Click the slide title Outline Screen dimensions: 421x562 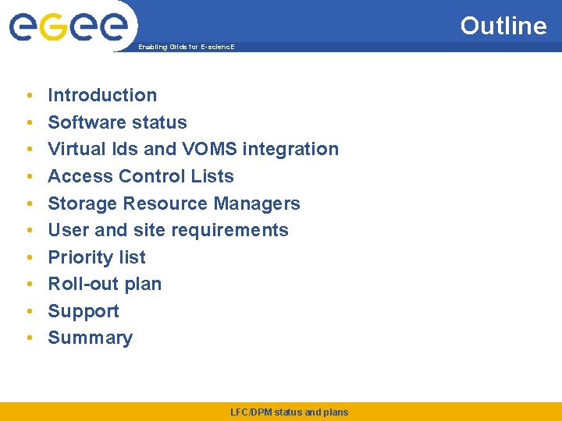pyautogui.click(x=503, y=26)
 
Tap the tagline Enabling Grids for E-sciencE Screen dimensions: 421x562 pyautogui.click(x=186, y=48)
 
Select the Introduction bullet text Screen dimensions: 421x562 pyautogui.click(x=102, y=95)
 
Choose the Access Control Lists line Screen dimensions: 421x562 pyautogui.click(x=140, y=176)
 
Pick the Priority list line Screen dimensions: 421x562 pyautogui.click(x=97, y=257)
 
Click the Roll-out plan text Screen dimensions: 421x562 pyautogui.click(x=105, y=284)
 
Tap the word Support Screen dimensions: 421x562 pyautogui.click(x=84, y=311)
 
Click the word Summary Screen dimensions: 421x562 pyautogui.click(x=90, y=338)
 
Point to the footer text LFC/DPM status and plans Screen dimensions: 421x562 pyautogui.click(x=290, y=412)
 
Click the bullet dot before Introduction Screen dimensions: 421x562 pyautogui.click(x=28, y=96)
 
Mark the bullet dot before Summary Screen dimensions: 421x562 pyautogui.click(x=28, y=338)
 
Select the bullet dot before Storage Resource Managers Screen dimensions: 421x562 pyautogui.click(x=28, y=204)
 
